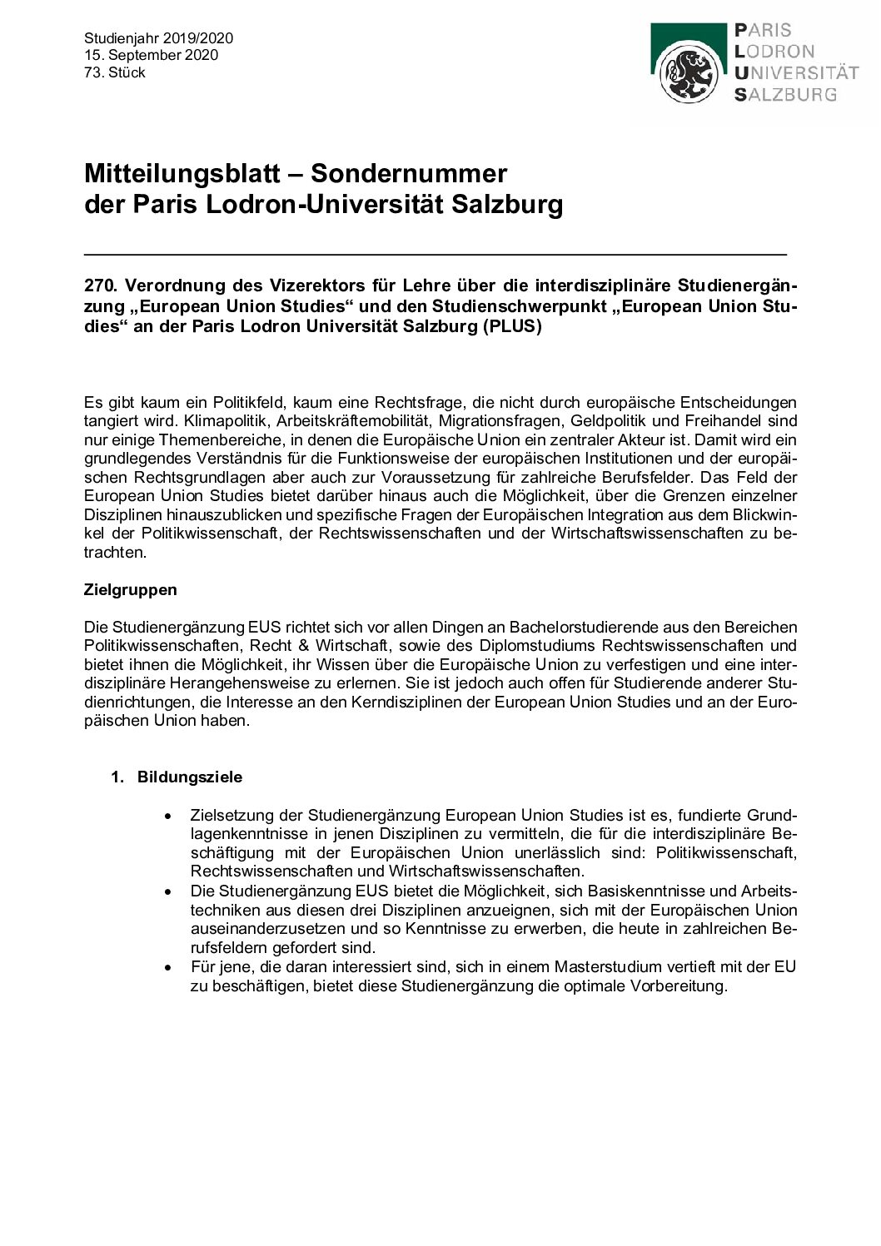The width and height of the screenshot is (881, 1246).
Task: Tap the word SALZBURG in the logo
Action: coord(784,95)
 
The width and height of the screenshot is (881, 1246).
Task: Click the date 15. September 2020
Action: coord(151,55)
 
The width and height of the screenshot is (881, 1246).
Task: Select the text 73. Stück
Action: coord(115,72)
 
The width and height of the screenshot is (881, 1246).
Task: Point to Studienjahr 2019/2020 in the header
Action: coord(158,38)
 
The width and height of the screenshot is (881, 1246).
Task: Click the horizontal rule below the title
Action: coord(435,252)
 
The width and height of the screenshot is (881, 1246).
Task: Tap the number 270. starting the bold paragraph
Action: coord(100,285)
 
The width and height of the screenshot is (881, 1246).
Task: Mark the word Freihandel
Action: coord(719,421)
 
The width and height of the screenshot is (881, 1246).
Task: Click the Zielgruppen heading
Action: coord(131,589)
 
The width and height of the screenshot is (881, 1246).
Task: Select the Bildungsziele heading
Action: coord(190,777)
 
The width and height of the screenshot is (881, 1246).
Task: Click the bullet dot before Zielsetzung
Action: coord(171,816)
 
